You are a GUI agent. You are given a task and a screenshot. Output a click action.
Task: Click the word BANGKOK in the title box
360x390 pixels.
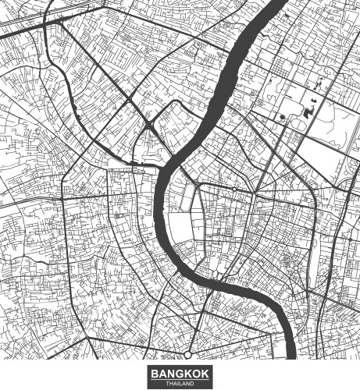click(x=180, y=374)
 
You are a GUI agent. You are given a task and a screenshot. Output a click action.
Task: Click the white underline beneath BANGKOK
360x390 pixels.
click(x=180, y=379)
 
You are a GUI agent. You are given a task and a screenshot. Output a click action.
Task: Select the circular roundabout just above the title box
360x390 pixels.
click(x=187, y=356)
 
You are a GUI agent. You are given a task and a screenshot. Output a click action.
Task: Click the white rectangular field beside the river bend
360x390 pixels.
click(x=181, y=228)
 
